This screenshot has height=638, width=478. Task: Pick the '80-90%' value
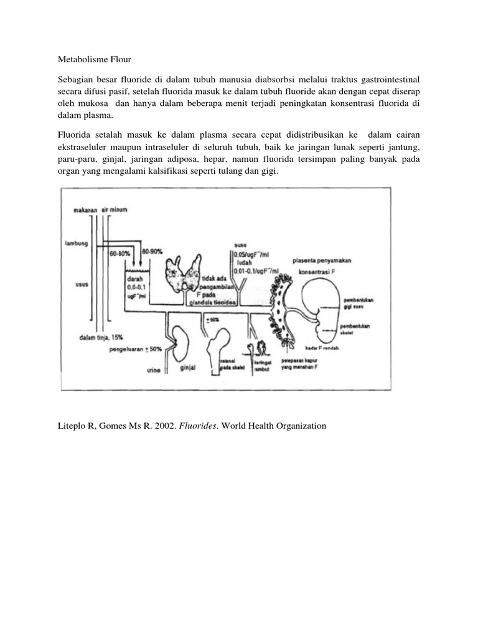click(152, 250)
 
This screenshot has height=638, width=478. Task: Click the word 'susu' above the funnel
click(240, 245)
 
